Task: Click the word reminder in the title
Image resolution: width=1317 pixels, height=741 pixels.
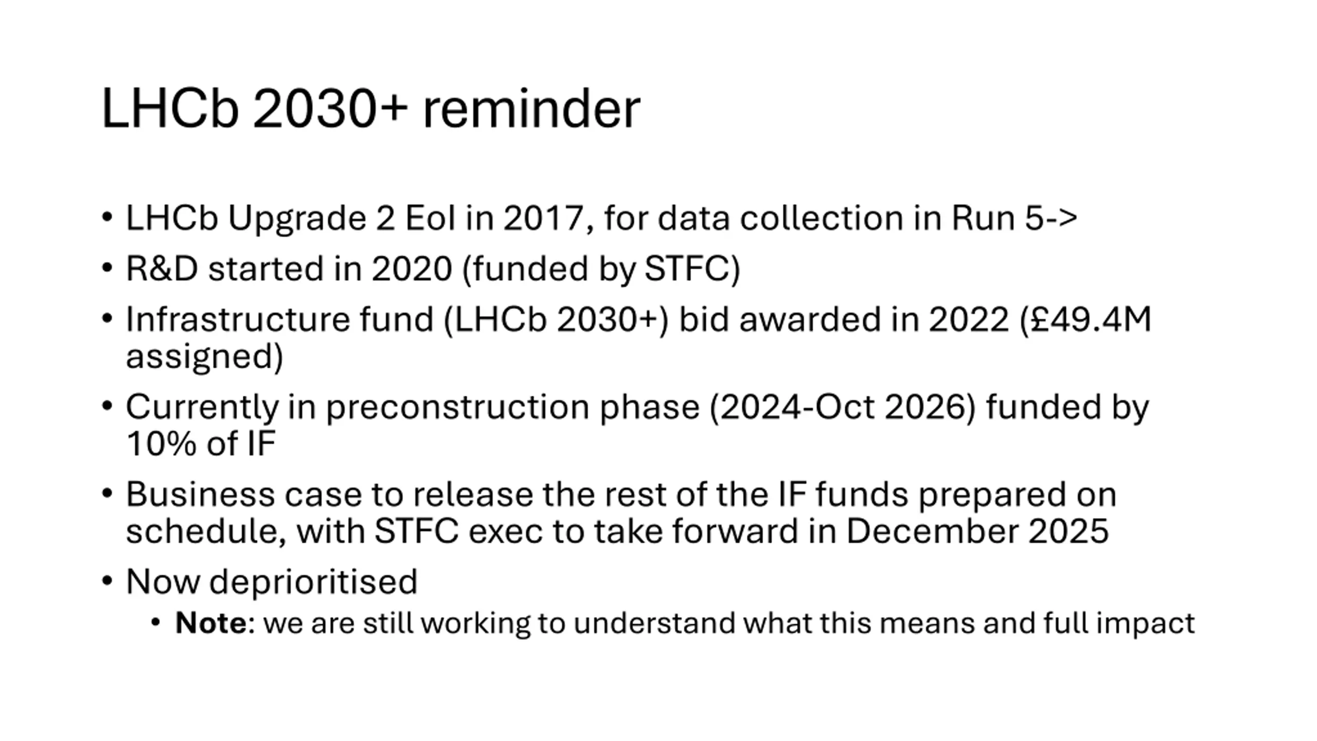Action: pyautogui.click(x=531, y=109)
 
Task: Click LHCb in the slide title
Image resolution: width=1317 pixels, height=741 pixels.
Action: pyautogui.click(x=170, y=109)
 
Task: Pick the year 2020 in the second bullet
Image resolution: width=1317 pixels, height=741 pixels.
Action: pyautogui.click(x=412, y=269)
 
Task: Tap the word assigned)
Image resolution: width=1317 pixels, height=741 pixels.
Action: pyautogui.click(x=205, y=357)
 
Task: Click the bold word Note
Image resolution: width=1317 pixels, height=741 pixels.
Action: pyautogui.click(x=211, y=623)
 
